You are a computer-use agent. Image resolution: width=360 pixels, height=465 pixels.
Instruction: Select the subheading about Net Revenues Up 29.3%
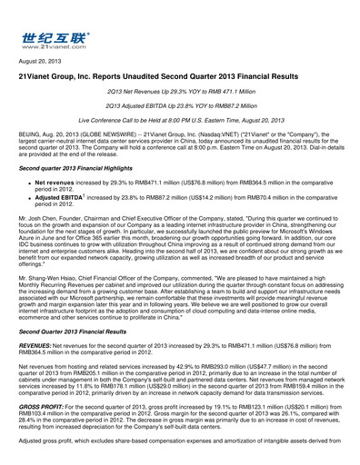click(179, 99)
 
